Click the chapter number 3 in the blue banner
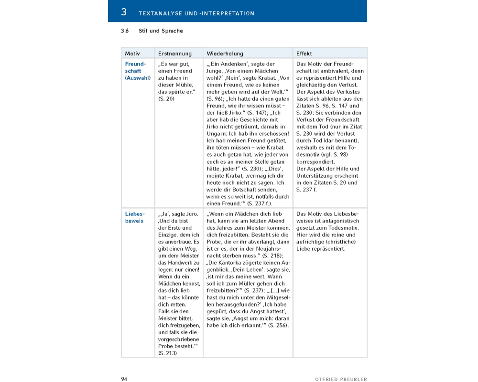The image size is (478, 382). (x=124, y=12)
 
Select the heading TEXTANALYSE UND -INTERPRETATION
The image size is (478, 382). (x=196, y=13)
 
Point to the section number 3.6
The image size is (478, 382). (x=125, y=31)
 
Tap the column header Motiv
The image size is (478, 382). (x=132, y=53)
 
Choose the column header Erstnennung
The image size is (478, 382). (x=174, y=53)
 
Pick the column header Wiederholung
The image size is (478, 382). (x=225, y=53)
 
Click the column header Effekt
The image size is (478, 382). (x=304, y=53)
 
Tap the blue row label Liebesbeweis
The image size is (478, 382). (x=135, y=217)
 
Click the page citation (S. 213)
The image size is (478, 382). (x=167, y=353)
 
